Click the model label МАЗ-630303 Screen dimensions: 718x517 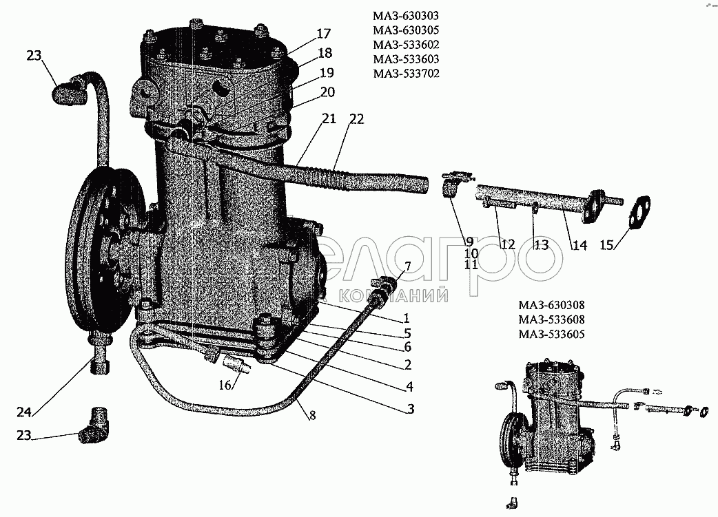[406, 16]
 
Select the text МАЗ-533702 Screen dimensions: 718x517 [406, 74]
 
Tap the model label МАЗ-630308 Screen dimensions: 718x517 [551, 305]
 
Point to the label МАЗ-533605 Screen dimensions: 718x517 [551, 335]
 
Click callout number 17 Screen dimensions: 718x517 [323, 34]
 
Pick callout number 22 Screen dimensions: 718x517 [356, 119]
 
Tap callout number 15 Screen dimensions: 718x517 [606, 245]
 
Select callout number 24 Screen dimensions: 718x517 [24, 412]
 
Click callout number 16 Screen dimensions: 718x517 [225, 386]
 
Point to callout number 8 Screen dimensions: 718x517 [312, 415]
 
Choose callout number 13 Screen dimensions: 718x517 [541, 245]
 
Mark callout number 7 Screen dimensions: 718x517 [407, 266]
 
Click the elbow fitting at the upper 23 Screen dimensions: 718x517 [69, 89]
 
